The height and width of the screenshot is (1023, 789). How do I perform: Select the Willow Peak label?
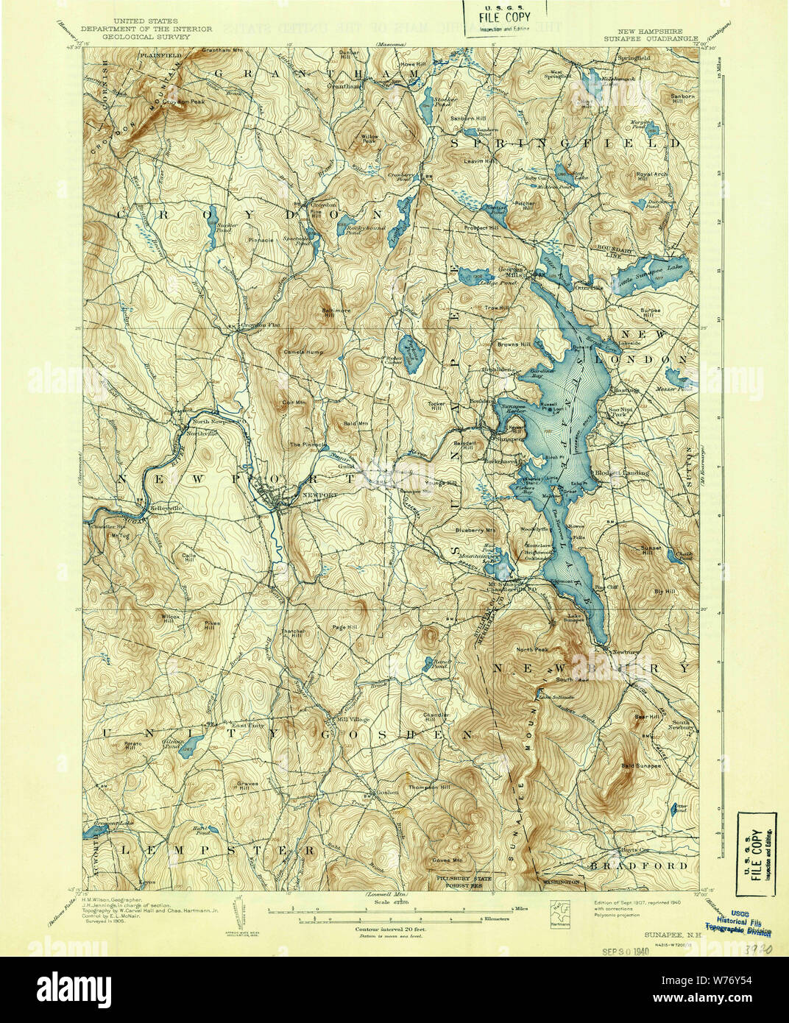[x=369, y=138]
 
